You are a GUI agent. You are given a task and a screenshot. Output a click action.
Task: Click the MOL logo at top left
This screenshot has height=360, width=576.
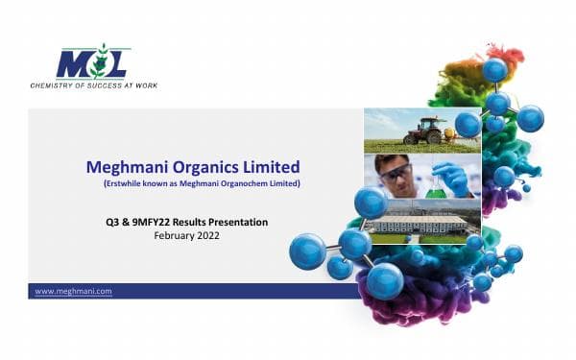[x=92, y=63]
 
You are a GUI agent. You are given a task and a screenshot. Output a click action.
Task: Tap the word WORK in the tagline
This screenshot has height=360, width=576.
[x=144, y=85]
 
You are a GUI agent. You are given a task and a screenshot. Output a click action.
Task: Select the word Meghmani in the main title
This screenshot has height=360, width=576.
[x=126, y=167]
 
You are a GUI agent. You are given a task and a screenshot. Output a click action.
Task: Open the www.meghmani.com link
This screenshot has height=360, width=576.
[x=73, y=291]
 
